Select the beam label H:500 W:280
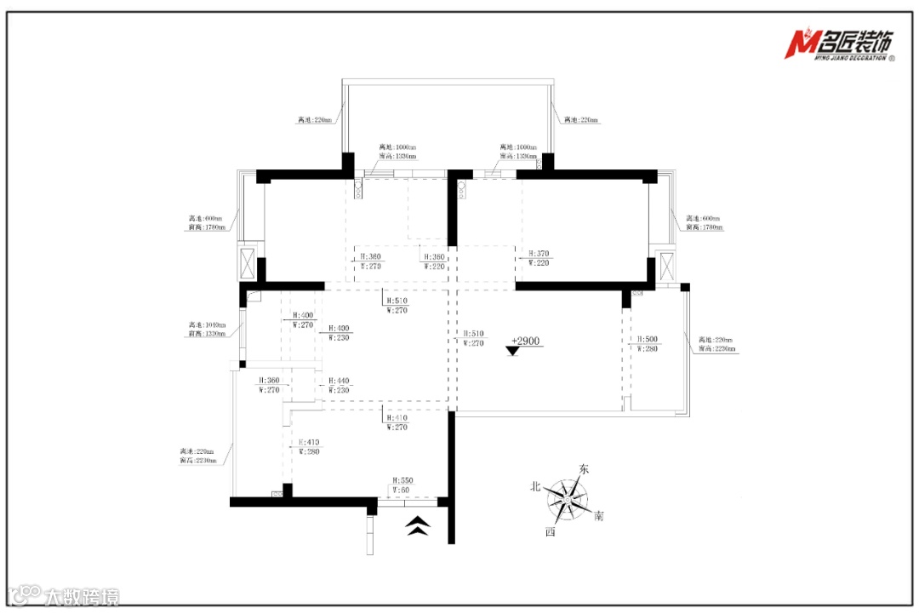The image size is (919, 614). coord(648,343)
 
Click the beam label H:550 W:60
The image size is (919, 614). coord(401,485)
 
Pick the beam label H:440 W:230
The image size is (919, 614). coord(339,385)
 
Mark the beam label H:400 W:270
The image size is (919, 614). coord(304,319)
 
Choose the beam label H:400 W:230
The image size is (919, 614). coord(339,332)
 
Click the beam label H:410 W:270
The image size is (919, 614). coord(397,422)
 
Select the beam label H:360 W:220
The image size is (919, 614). coord(434,261)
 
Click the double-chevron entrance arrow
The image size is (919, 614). coord(416,526)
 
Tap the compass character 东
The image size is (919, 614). coord(584,469)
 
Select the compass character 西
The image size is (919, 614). coord(551,531)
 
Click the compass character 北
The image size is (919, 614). coord(536,486)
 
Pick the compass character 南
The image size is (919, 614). coord(599,516)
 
